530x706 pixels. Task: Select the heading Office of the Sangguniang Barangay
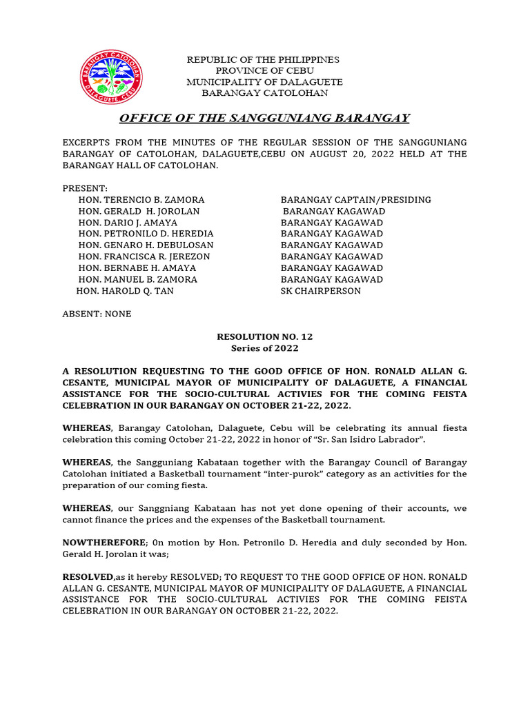264,118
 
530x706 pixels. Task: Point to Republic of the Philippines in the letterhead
263,60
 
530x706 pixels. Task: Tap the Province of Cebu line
264,71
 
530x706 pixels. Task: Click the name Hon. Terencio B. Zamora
141,200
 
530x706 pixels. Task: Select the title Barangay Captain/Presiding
355,200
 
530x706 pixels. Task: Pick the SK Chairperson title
320,291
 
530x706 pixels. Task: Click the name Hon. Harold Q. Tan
125,291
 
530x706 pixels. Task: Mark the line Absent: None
97,314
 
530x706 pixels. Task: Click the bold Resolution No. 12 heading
264,336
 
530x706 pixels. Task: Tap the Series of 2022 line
264,348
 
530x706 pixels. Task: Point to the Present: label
85,188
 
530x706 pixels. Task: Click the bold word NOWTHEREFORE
101,543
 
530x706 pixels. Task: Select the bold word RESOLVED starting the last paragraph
88,576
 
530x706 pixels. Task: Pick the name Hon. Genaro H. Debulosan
146,245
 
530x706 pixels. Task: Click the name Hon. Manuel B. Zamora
138,279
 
